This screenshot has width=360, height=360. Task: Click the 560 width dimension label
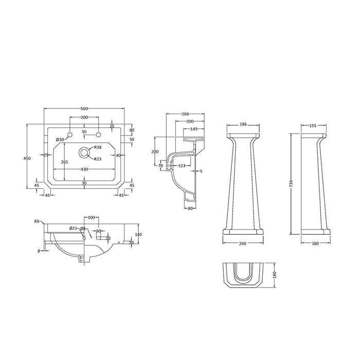pyautogui.click(x=84, y=109)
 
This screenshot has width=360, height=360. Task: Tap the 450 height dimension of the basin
pyautogui.click(x=27, y=158)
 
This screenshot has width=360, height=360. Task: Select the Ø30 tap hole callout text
pyautogui.click(x=60, y=139)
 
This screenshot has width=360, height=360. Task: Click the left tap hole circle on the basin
pyautogui.click(x=70, y=134)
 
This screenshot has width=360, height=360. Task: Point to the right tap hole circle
pyautogui.click(x=99, y=134)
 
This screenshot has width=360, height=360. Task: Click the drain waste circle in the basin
pyautogui.click(x=84, y=152)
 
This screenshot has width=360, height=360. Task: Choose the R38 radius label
pyautogui.click(x=98, y=148)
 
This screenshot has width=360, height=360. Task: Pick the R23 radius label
pyautogui.click(x=98, y=159)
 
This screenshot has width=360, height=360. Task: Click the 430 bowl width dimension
pyautogui.click(x=84, y=169)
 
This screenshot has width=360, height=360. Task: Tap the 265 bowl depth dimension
pyautogui.click(x=64, y=162)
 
